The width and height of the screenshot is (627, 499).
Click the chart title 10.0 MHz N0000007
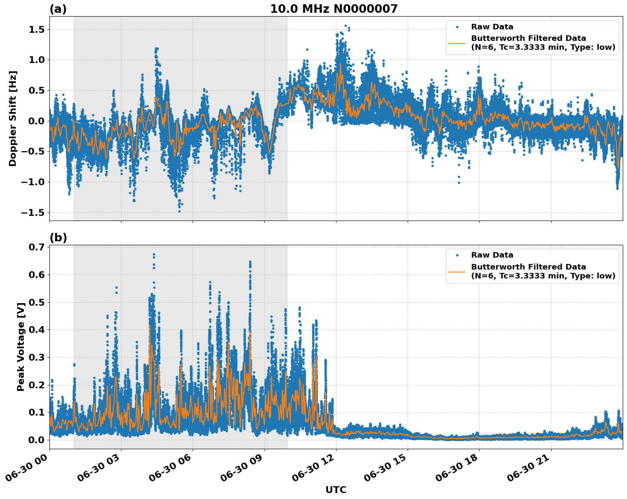[x=334, y=9]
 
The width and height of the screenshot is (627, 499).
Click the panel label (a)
[x=58, y=9]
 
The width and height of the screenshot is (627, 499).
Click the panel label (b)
[x=58, y=238]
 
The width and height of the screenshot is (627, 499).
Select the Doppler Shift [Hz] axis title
[x=13, y=118]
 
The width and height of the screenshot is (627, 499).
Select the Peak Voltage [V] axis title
[x=20, y=347]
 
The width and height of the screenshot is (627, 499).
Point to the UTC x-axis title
[x=336, y=490]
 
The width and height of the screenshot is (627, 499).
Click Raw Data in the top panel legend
[x=492, y=27]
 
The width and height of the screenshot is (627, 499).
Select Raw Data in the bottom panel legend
[x=492, y=255]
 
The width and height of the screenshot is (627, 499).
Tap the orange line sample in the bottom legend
[x=457, y=271]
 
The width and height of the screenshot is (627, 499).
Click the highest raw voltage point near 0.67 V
[x=154, y=255]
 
